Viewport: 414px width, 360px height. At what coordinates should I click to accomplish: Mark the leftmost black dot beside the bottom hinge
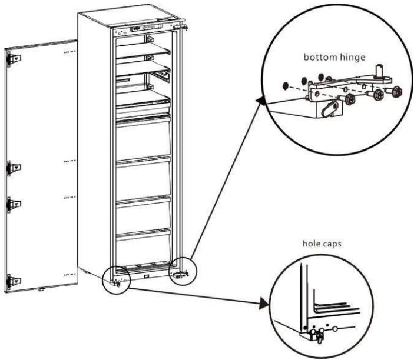(286, 86)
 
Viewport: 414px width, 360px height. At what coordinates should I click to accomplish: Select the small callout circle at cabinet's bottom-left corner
(115, 277)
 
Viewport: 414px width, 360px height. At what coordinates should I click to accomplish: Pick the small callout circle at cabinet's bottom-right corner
(181, 271)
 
